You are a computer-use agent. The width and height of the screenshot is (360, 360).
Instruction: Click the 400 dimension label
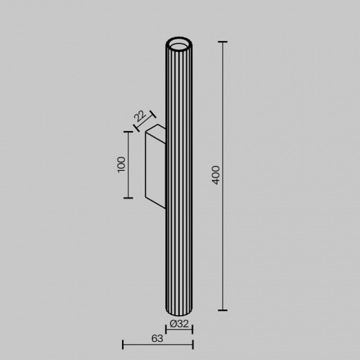pos(217,175)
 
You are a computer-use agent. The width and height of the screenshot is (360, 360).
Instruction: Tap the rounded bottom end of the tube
pos(179,309)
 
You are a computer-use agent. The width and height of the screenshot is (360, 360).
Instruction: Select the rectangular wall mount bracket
pos(154,167)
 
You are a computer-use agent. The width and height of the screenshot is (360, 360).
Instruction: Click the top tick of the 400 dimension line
pos(223,42)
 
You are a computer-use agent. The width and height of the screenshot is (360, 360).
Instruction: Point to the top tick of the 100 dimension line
pos(127,131)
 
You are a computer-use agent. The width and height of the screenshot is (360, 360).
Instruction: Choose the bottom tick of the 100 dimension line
pos(127,198)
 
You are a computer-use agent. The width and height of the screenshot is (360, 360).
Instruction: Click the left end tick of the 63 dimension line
pos(123,343)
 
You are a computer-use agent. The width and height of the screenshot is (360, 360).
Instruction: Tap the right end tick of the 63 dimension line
pos(192,343)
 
